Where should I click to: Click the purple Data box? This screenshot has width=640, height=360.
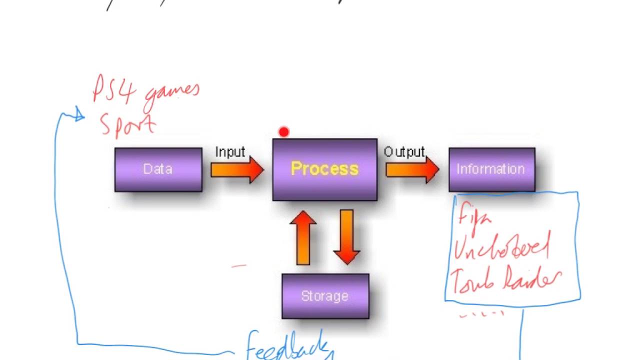click(x=158, y=169)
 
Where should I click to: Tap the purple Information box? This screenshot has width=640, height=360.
click(x=491, y=169)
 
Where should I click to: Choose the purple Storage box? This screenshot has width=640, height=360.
click(x=325, y=296)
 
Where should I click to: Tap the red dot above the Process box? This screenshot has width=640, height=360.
click(x=284, y=132)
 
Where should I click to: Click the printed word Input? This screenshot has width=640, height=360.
click(x=230, y=151)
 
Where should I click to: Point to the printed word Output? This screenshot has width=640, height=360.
click(x=404, y=151)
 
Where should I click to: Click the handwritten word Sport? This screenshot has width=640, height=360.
click(x=128, y=125)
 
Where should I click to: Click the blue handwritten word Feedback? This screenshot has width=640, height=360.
click(x=287, y=345)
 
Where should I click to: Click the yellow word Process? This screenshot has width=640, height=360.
click(x=324, y=168)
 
